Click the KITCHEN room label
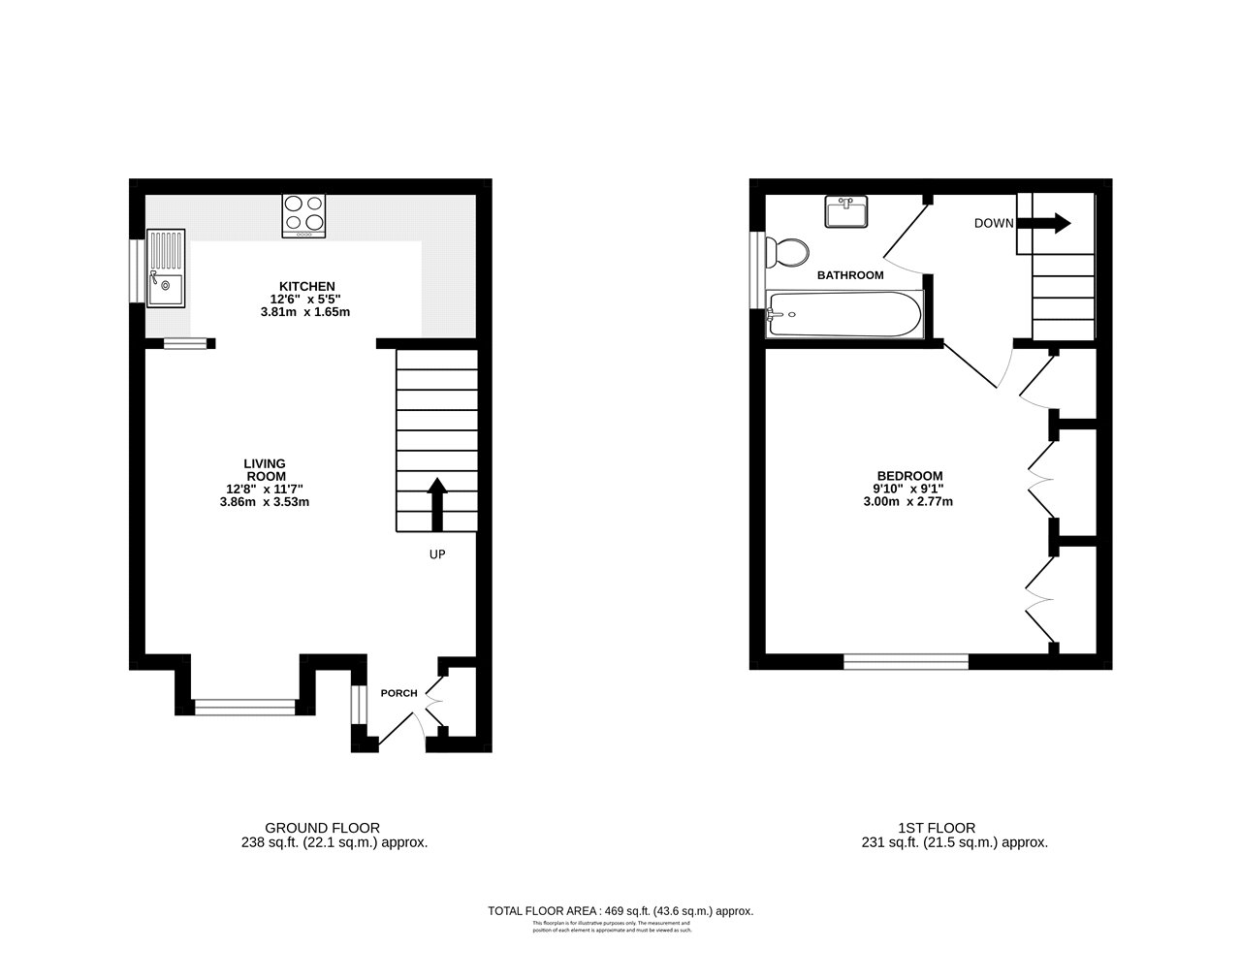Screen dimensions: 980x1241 [x=306, y=286]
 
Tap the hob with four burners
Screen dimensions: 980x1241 [x=303, y=216]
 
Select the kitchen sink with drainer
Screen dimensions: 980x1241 [x=165, y=268]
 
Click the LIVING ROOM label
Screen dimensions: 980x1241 [x=264, y=470]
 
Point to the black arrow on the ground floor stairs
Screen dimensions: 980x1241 [x=436, y=502]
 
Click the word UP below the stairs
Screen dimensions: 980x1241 [x=438, y=554]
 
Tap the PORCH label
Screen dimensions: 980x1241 [x=398, y=693]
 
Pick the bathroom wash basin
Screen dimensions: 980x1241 [x=846, y=212]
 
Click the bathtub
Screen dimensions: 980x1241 [x=843, y=314]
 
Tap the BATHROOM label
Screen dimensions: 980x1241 [x=850, y=275]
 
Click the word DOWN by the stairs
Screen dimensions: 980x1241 [x=994, y=223]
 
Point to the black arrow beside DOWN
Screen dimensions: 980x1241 [x=1044, y=223]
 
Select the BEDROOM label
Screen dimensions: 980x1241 [x=904, y=475]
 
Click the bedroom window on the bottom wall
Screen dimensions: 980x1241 [x=906, y=661]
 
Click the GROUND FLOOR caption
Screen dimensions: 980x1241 [x=334, y=828]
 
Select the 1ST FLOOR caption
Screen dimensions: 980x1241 [x=937, y=828]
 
